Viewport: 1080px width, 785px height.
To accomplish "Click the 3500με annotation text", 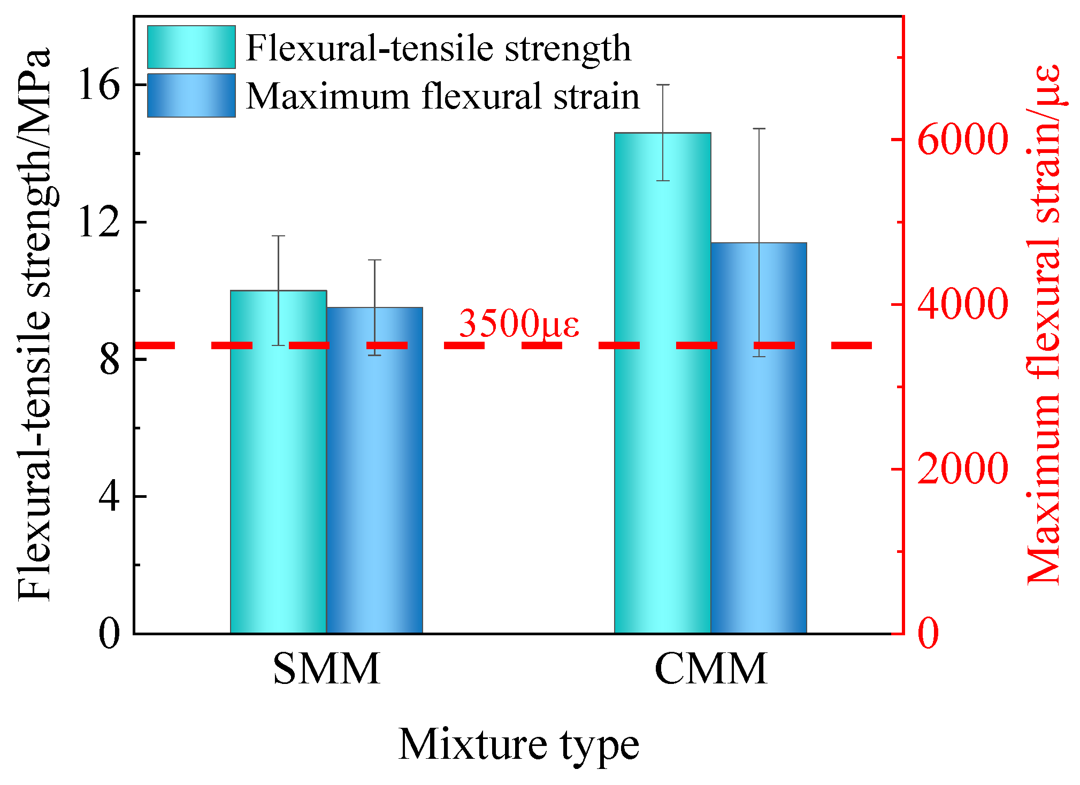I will (x=519, y=324).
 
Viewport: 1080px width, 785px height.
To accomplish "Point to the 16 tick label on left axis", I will (x=98, y=86).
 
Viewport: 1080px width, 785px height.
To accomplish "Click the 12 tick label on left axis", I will (x=98, y=222).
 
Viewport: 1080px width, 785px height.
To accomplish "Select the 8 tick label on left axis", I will (x=109, y=360).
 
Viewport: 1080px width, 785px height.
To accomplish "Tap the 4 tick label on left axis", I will (x=109, y=497).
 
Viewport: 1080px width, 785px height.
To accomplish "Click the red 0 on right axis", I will (x=928, y=634).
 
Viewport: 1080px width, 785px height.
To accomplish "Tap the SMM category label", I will (x=326, y=669).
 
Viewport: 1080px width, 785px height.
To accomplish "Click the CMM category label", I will (x=710, y=669).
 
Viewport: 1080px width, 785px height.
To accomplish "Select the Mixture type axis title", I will (x=518, y=745).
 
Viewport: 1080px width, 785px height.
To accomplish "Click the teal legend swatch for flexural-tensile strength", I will (x=192, y=47).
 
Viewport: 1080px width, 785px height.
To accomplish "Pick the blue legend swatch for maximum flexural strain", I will (x=192, y=95).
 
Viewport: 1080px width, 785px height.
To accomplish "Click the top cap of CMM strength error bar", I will (x=663, y=84).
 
